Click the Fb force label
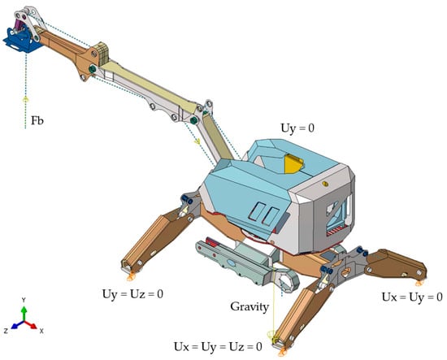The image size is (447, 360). click(x=37, y=120)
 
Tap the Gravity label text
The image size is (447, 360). click(x=250, y=307)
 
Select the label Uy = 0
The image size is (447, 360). click(x=297, y=128)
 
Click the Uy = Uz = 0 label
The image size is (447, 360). click(x=132, y=294)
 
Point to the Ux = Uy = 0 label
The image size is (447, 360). click(x=412, y=297)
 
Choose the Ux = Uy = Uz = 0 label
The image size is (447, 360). click(x=218, y=347)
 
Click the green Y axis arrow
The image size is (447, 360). click(x=24, y=314)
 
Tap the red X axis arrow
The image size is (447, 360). click(x=32, y=325)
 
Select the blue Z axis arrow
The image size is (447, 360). click(x=17, y=325)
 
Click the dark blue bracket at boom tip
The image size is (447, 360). click(x=20, y=41)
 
